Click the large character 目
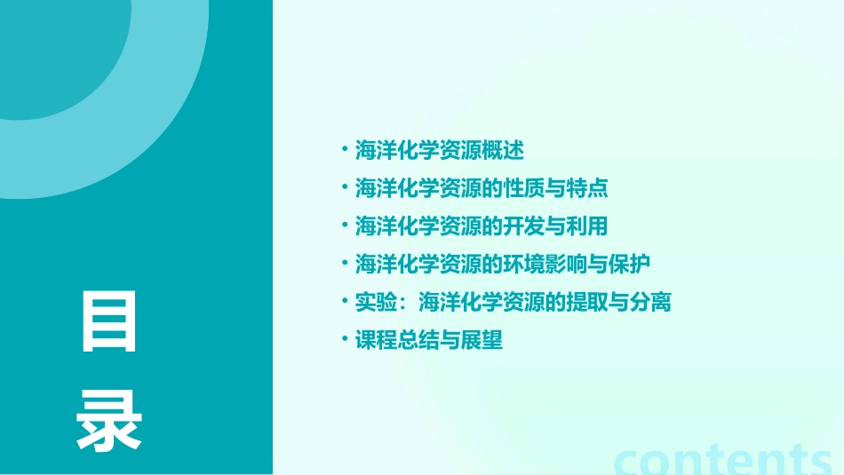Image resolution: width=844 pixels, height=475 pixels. click(109, 320)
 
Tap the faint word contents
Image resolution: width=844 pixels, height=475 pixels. click(723, 458)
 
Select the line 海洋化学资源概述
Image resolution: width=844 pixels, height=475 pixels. click(440, 150)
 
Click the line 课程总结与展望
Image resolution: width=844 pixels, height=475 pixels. click(429, 340)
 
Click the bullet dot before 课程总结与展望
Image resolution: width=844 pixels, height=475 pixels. click(345, 339)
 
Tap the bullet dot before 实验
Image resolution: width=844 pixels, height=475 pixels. click(345, 301)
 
